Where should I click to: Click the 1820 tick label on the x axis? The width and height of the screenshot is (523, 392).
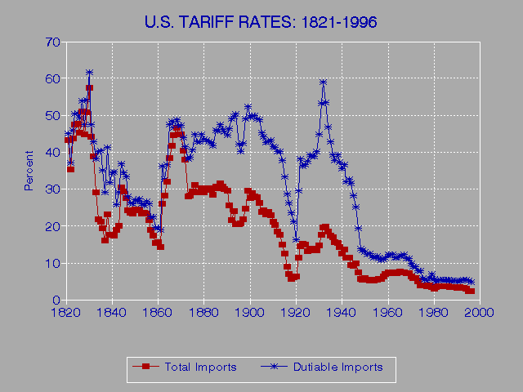click(65, 313)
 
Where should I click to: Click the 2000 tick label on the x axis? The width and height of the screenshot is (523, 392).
click(479, 313)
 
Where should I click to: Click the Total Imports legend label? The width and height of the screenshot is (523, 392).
click(200, 367)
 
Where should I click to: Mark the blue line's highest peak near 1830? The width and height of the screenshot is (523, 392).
click(89, 73)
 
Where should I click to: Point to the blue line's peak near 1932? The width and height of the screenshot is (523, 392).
click(324, 82)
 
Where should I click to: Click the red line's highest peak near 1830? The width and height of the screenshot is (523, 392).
click(89, 87)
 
